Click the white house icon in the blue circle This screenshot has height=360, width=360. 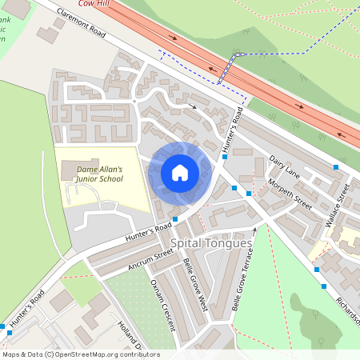pyautogui.click(x=180, y=173)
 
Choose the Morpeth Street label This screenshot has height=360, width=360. pyautogui.click(x=290, y=193)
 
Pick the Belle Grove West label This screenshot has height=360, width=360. pyautogui.click(x=195, y=283)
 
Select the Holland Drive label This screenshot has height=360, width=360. pyautogui.click(x=129, y=336)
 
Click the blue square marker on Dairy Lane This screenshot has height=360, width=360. pyautogui.click(x=337, y=166)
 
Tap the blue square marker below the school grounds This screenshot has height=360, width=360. pyautogui.click(x=174, y=218)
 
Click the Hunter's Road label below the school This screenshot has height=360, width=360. pyautogui.click(x=148, y=233)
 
